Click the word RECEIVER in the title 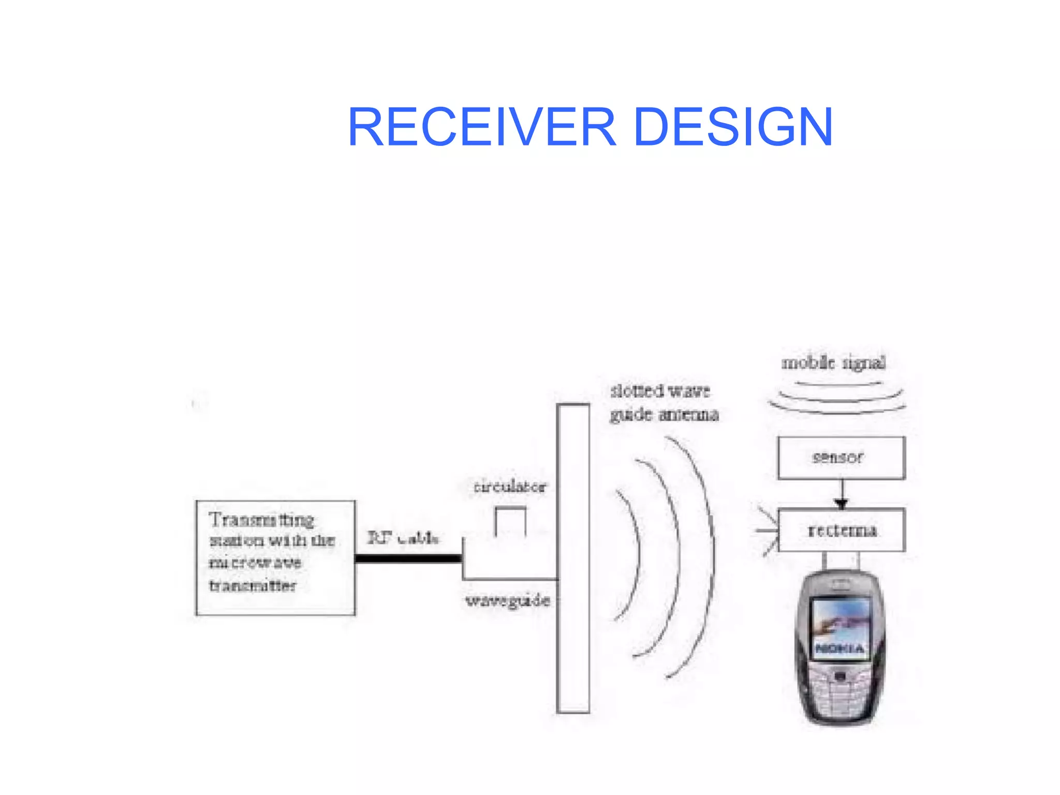tap(482, 127)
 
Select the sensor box tap(841, 458)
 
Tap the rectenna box tap(842, 530)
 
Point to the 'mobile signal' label tap(833, 363)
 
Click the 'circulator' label tap(510, 487)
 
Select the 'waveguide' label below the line tap(507, 600)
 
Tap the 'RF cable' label tap(403, 538)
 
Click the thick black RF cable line tap(408, 558)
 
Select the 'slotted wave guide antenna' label tap(664, 403)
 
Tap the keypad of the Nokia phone tap(840, 694)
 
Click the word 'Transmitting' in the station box tap(261, 520)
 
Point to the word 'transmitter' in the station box tap(253, 585)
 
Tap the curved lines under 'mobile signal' tap(837, 399)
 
